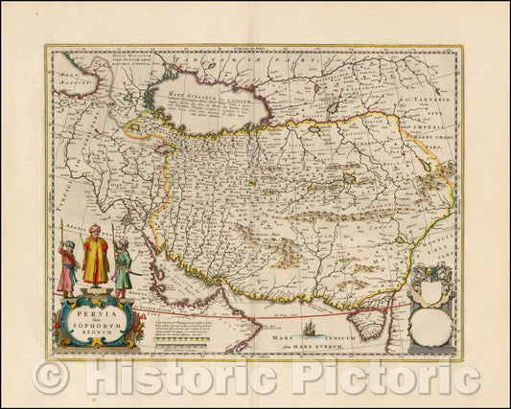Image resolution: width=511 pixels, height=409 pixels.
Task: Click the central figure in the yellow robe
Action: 95,257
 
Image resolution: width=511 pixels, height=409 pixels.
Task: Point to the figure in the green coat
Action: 122,267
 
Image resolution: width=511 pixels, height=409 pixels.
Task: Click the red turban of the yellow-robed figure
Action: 95,230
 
